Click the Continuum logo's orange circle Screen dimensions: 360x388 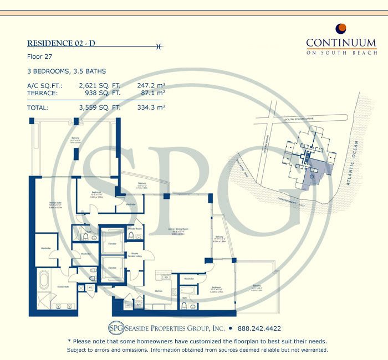point(341,29)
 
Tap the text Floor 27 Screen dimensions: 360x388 point(39,57)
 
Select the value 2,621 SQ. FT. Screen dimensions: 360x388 point(99,85)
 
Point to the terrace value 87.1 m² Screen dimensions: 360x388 point(151,94)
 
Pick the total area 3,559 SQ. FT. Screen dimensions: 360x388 point(99,107)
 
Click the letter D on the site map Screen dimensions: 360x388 point(312,177)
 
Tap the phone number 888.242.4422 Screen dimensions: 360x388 point(260,327)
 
